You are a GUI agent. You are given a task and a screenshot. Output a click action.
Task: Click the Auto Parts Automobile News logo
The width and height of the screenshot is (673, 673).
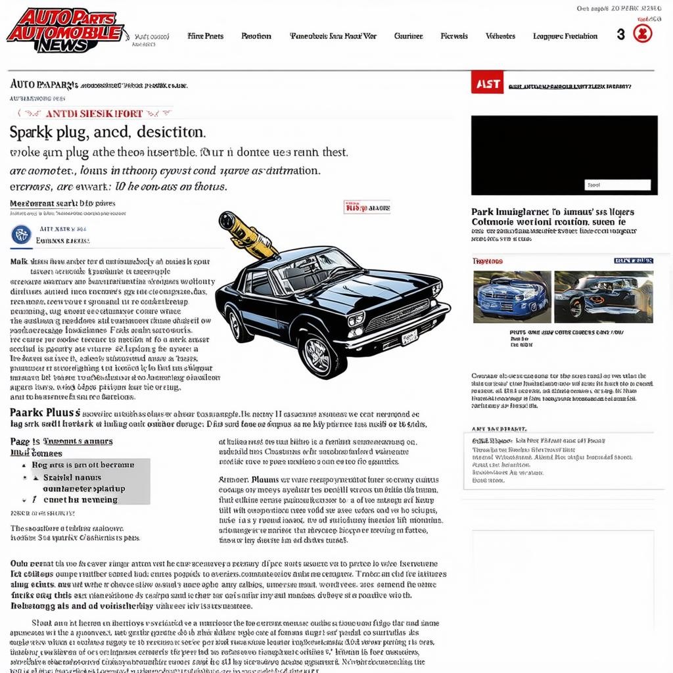point(64,30)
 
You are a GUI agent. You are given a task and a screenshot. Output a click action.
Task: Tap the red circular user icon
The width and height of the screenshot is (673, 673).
point(643,34)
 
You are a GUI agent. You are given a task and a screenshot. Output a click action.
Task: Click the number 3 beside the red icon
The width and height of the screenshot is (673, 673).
point(620,35)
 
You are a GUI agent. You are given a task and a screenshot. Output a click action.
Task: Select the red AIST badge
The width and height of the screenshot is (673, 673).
point(486,83)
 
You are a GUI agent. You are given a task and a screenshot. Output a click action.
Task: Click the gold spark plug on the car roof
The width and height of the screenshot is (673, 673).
point(246,233)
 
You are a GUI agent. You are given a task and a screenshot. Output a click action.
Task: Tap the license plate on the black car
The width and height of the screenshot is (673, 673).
point(409,338)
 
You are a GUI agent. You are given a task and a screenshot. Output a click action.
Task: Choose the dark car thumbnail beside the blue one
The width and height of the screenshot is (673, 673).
point(603,296)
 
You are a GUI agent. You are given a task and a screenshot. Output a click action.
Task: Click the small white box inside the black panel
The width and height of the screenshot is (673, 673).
point(617,185)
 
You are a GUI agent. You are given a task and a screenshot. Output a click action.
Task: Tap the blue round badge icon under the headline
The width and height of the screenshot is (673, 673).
point(22,235)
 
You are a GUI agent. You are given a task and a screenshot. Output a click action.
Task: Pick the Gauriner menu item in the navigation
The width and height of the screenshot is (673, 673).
point(408,36)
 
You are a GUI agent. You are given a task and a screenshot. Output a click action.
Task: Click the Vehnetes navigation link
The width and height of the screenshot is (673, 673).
point(500,36)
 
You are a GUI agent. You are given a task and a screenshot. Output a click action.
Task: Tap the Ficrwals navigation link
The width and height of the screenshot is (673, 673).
point(454,36)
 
